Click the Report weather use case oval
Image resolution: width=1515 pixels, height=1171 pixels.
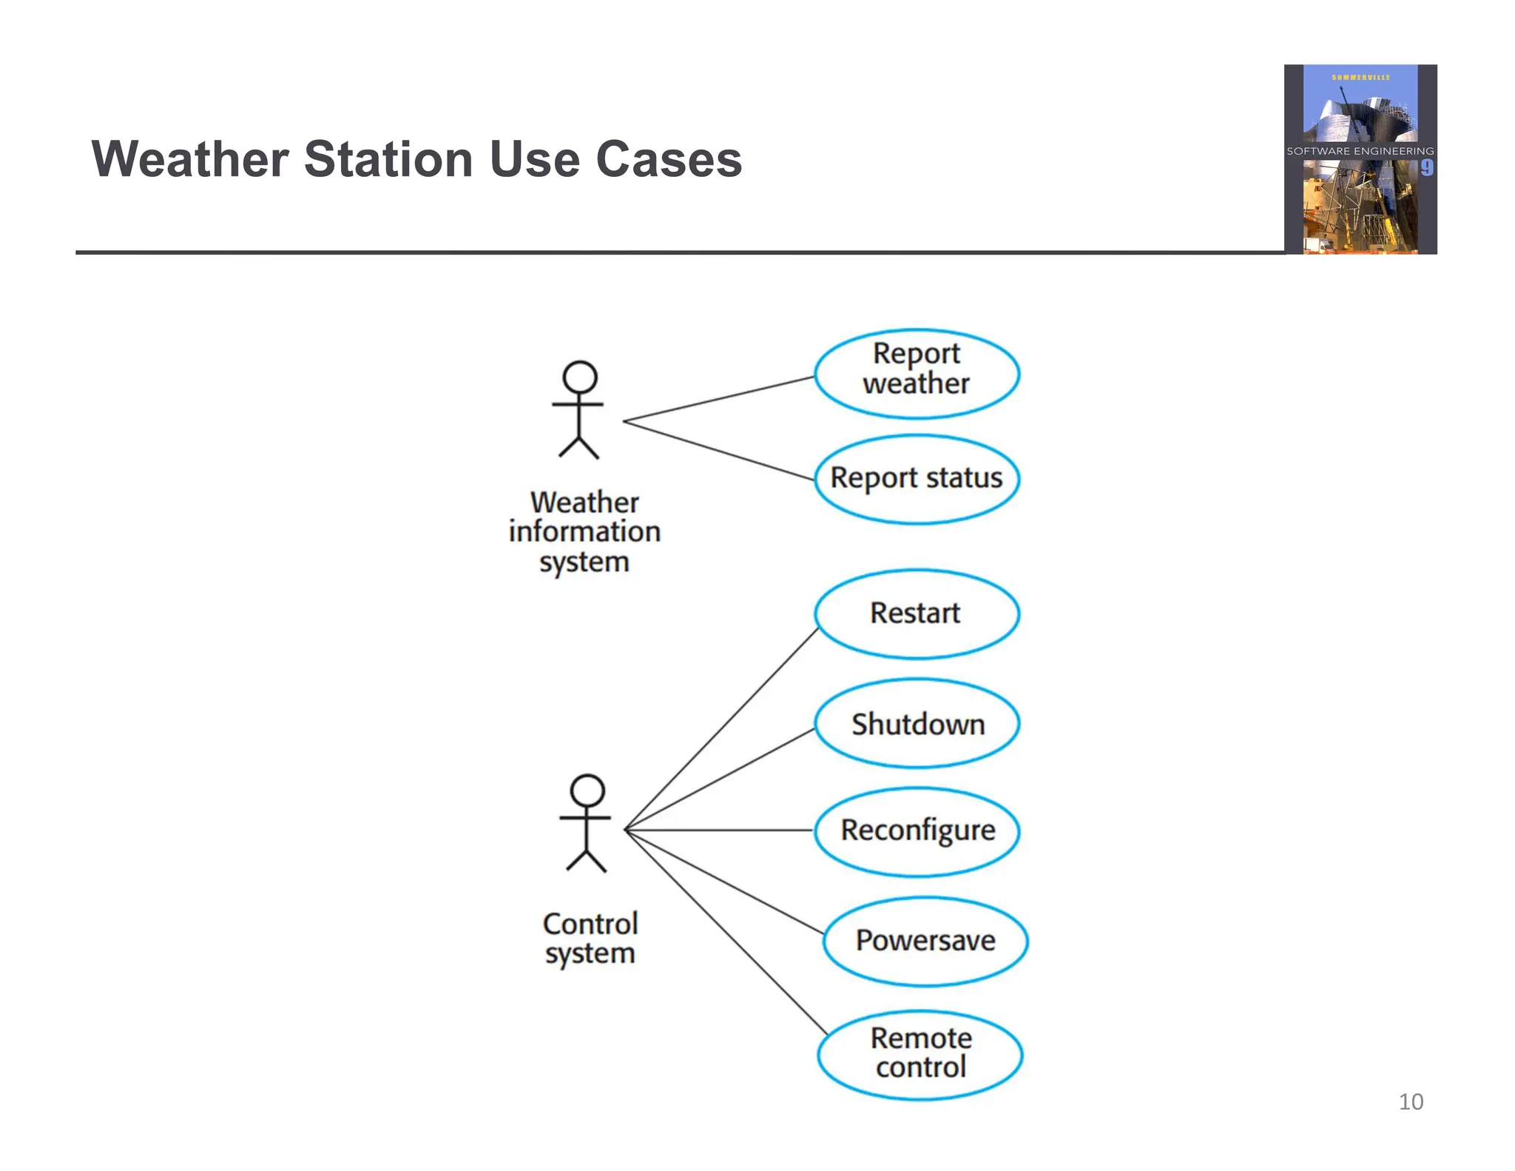click(917, 374)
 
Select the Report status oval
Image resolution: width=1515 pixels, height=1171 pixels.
click(917, 479)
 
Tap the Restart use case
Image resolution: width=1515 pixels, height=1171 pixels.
click(917, 614)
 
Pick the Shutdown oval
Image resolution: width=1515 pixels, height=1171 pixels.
click(917, 723)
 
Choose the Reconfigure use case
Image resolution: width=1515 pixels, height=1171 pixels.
click(917, 831)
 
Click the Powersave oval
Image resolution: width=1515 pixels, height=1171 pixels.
click(925, 941)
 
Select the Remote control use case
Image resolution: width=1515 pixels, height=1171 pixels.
click(920, 1054)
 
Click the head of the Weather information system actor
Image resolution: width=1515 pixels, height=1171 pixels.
click(579, 378)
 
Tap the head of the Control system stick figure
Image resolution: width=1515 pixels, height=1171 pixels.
click(587, 791)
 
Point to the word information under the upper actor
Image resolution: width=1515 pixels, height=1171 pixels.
click(584, 531)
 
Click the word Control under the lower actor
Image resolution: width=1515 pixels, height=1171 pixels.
click(590, 924)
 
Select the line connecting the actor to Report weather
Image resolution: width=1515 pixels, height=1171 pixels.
click(718, 399)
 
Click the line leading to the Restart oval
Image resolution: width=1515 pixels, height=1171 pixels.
click(721, 729)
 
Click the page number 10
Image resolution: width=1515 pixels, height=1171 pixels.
click(1411, 1101)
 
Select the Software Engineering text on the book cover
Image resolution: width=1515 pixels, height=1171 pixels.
click(1360, 151)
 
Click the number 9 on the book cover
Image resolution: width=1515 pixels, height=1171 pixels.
click(1427, 168)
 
